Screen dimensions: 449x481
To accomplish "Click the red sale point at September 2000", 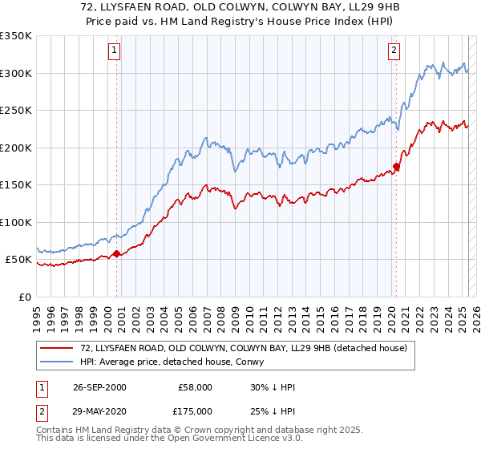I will (117, 253).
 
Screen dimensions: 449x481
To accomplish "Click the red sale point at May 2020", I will (395, 167).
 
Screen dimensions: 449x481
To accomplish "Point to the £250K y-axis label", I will (16, 110).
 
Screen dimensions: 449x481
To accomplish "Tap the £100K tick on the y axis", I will (16, 222).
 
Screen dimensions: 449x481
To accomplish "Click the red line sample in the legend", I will (57, 348).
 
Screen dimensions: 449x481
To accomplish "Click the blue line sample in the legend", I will (57, 362).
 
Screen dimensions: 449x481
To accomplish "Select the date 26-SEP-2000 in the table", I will (99, 387).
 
